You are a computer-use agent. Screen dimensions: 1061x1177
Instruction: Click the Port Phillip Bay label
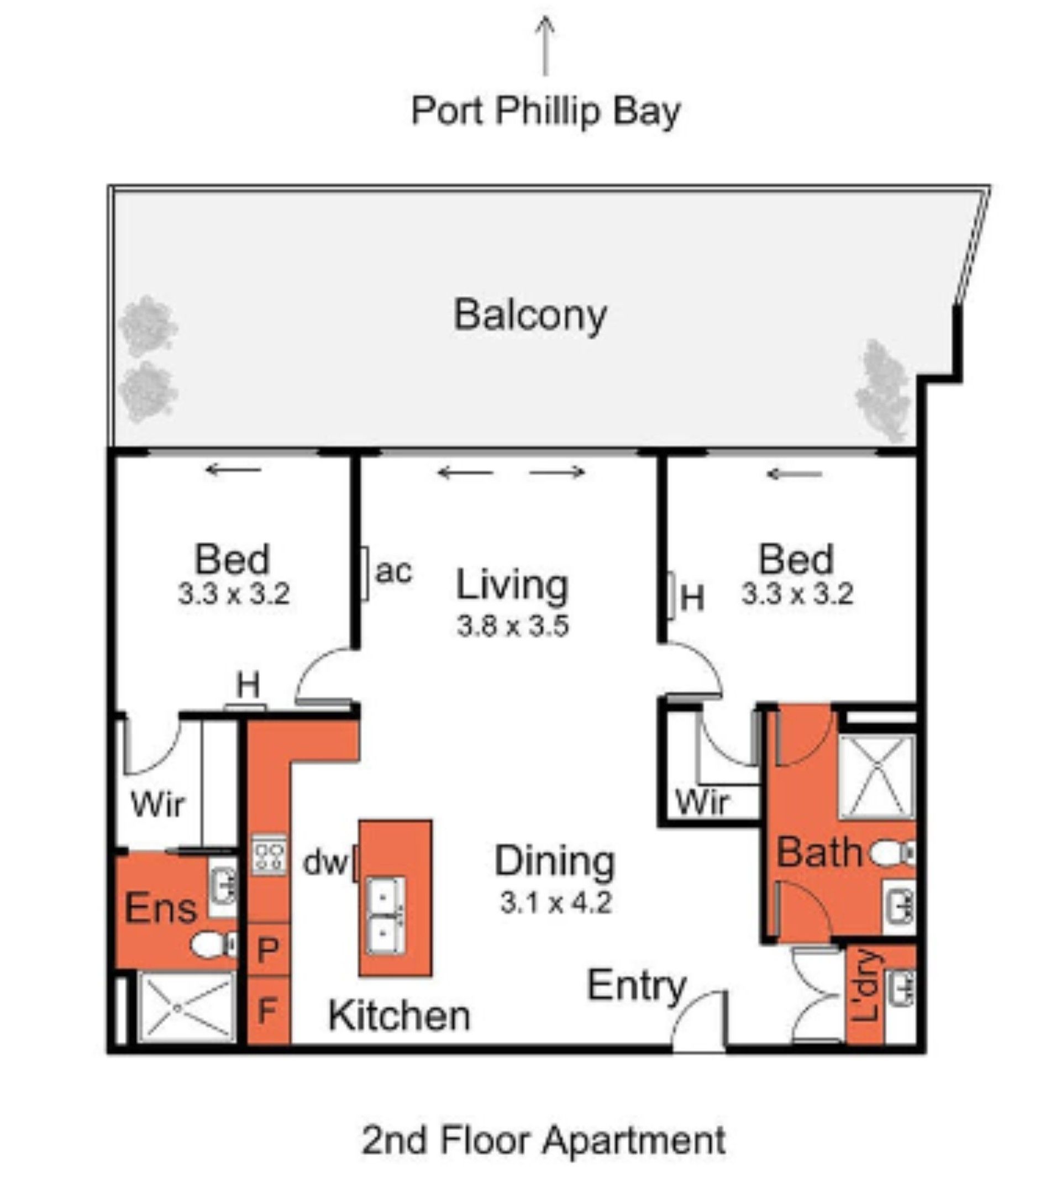coord(545,112)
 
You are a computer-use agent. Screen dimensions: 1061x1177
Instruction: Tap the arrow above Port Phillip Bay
coord(545,46)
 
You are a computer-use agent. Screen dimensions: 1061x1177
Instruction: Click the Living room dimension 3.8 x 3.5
coord(512,626)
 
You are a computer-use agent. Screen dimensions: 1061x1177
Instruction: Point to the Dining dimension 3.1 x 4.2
coord(555,903)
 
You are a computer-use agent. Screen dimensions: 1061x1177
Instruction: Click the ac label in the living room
coord(394,571)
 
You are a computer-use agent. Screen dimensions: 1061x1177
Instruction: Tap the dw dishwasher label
coord(325,862)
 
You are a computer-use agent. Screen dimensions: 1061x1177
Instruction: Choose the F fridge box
coord(268,1010)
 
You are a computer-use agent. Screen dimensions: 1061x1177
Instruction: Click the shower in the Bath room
coord(877,777)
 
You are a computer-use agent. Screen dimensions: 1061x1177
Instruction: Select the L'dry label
coord(867,986)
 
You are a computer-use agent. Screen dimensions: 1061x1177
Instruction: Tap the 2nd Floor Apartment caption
coord(544,1141)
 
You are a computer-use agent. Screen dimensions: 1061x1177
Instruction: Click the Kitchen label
coord(399,1016)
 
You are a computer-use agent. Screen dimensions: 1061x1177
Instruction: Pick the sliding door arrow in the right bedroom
coord(794,474)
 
